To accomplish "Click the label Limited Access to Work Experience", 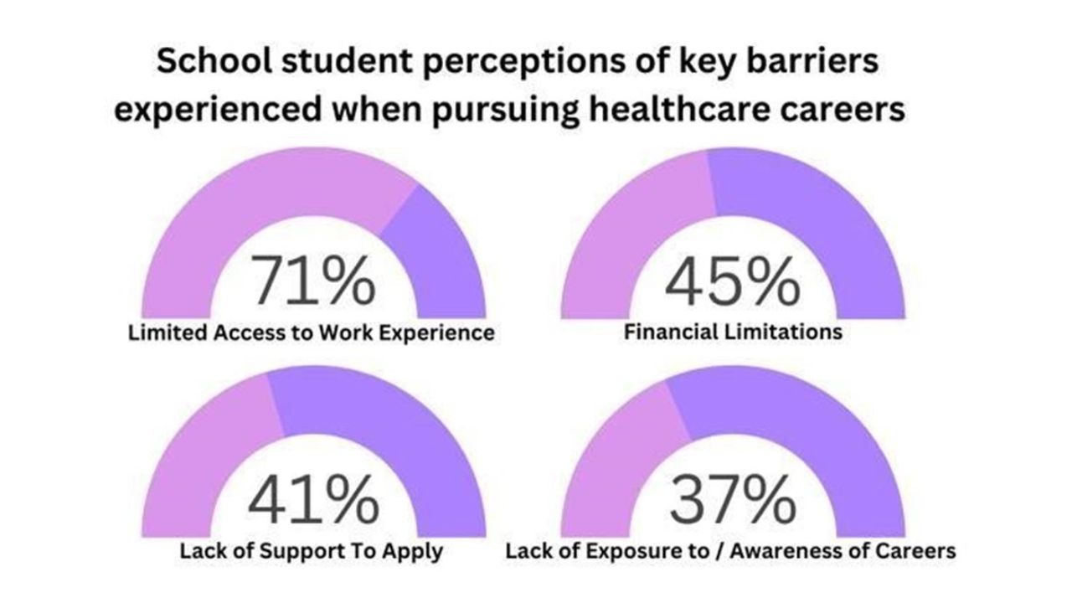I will pos(311,332).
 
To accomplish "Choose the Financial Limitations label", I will pos(733,332).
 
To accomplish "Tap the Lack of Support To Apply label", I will pos(311,552).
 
